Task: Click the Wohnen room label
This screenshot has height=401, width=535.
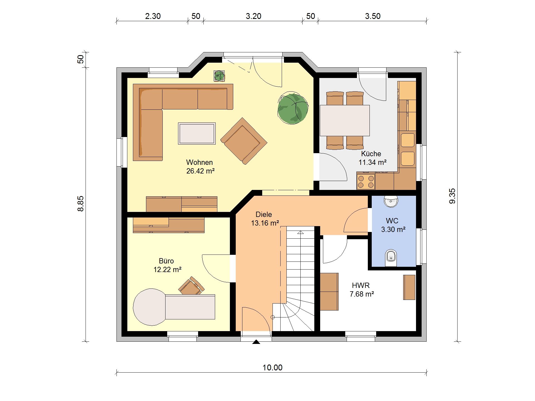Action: point(199,162)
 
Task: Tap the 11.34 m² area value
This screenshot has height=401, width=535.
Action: point(372,162)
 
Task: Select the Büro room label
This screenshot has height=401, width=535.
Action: point(166,261)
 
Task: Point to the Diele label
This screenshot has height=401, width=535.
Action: point(264,214)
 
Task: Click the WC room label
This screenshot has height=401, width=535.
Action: point(392,221)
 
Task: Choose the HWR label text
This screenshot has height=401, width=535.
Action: point(361,285)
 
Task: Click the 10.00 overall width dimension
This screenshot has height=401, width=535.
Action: point(272,368)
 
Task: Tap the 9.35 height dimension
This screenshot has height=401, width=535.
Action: point(452,196)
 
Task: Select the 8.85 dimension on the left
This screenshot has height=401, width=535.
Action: point(80,204)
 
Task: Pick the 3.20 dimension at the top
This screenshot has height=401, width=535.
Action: point(253,16)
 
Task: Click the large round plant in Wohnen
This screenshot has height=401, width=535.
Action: point(293,109)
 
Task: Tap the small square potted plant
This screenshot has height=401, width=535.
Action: point(219,75)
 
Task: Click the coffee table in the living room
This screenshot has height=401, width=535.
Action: point(197,134)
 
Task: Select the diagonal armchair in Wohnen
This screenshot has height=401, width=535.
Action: point(244,141)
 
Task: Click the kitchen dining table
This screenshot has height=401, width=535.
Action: point(345,120)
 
